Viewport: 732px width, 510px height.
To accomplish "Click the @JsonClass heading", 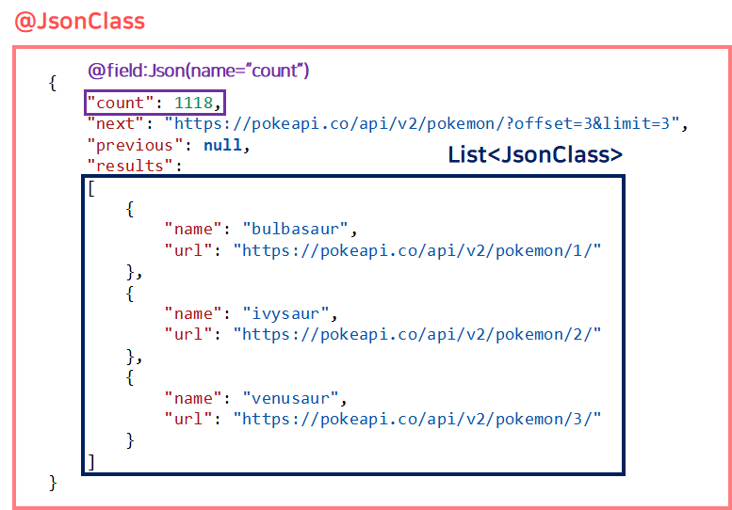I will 80,20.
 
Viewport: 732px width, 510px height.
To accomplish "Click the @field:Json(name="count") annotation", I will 198,71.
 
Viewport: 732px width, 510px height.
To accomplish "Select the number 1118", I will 193,103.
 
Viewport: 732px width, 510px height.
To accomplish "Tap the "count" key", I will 117,103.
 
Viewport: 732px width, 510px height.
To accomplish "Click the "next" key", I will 113,123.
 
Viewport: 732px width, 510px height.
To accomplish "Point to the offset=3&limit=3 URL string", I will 426,123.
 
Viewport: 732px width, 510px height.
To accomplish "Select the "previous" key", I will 129,145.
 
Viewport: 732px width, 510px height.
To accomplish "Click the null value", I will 221,145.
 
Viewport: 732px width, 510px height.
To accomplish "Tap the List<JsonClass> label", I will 534,155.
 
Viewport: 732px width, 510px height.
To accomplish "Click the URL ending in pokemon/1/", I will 417,249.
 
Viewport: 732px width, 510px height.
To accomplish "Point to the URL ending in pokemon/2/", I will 417,334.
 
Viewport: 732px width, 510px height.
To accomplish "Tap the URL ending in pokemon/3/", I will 417,419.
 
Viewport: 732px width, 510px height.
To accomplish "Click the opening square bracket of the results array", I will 90,187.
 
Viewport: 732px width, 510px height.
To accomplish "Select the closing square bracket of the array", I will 90,461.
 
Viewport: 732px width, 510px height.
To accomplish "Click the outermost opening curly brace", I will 52,82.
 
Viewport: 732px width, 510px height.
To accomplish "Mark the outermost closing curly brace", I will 53,483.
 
